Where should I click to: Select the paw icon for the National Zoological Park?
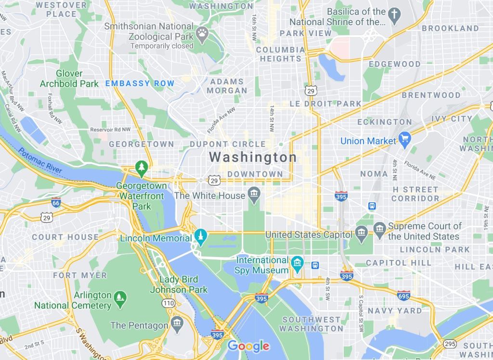point(201,36)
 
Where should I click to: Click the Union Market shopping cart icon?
point(404,140)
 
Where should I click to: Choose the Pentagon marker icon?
point(177,322)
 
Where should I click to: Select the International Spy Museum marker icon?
point(297,263)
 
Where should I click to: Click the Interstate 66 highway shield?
point(56,203)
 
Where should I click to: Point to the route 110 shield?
point(169,303)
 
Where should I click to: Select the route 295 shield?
point(450,344)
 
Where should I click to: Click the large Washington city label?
point(253,157)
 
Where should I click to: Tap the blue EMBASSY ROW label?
point(140,83)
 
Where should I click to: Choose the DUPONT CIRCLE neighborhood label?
point(228,144)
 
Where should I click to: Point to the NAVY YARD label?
point(395,311)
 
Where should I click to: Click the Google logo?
point(248,346)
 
